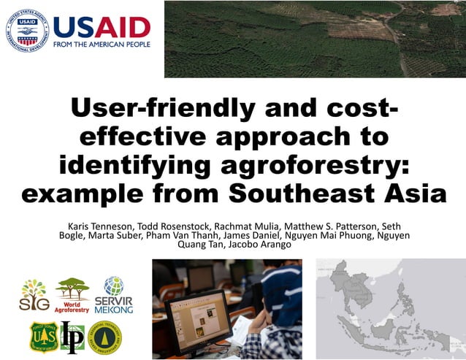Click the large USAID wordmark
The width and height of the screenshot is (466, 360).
click(x=102, y=26)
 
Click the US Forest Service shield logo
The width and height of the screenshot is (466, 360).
click(x=43, y=335)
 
